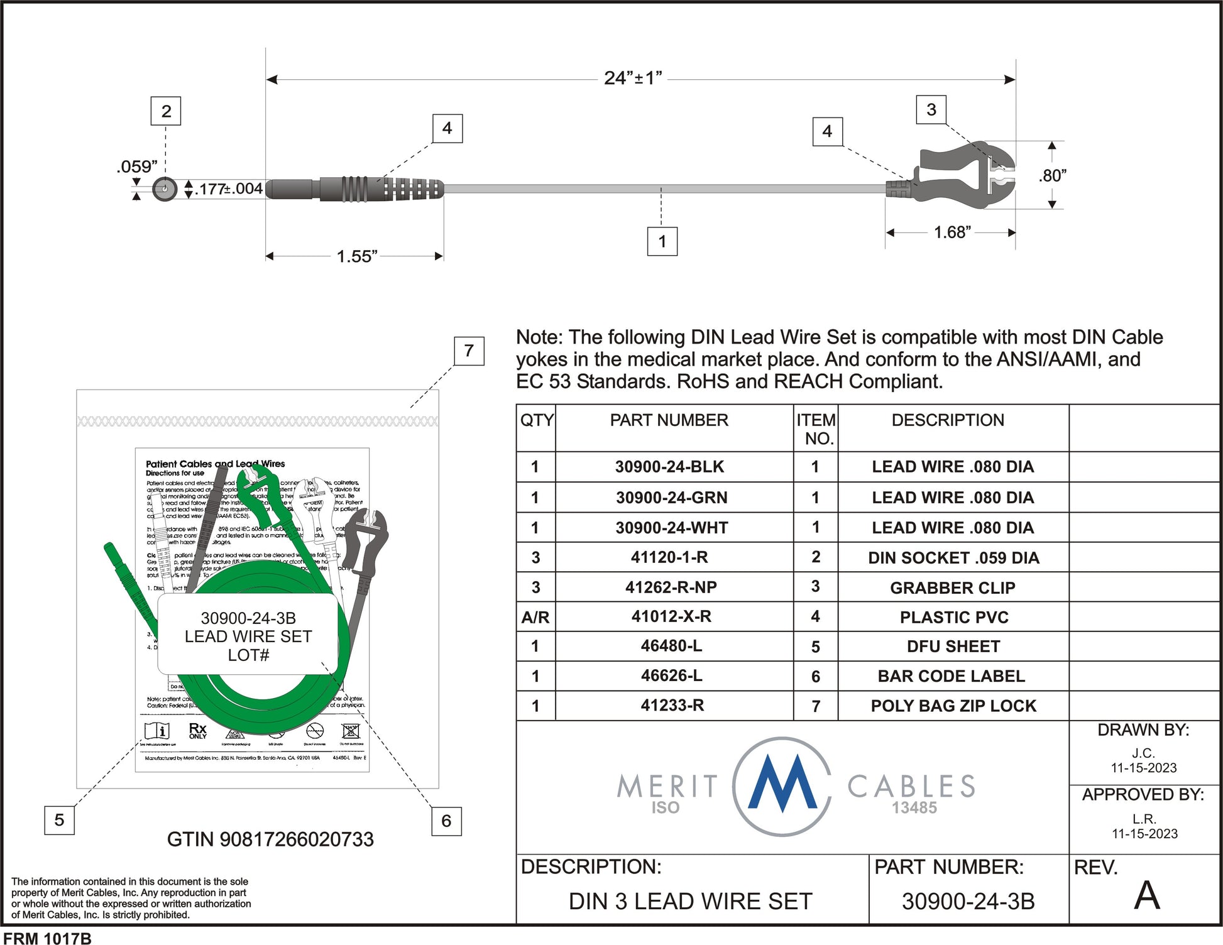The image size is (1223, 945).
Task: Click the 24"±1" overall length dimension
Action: (633, 79)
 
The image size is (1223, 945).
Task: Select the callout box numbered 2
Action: (166, 111)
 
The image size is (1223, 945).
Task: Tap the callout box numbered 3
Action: (931, 109)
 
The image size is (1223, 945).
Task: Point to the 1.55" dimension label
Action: (356, 256)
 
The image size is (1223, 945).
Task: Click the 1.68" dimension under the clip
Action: (952, 232)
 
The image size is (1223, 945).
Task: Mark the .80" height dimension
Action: (1052, 175)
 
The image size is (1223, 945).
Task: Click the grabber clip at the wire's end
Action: (962, 177)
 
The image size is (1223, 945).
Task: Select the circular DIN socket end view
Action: (165, 188)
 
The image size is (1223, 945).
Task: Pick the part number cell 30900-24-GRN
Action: (671, 498)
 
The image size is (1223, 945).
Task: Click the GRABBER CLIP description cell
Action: (952, 587)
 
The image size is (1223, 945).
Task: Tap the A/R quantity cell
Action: (535, 618)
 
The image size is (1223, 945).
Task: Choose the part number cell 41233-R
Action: (672, 706)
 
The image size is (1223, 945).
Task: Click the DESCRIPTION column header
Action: (947, 420)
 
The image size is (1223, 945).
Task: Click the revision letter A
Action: (1146, 895)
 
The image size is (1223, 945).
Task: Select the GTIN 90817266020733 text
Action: (270, 839)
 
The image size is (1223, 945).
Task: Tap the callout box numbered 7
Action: (469, 351)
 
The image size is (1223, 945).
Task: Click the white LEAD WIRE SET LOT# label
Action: (248, 636)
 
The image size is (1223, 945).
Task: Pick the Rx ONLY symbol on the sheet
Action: (197, 730)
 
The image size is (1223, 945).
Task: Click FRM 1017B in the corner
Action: (48, 938)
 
